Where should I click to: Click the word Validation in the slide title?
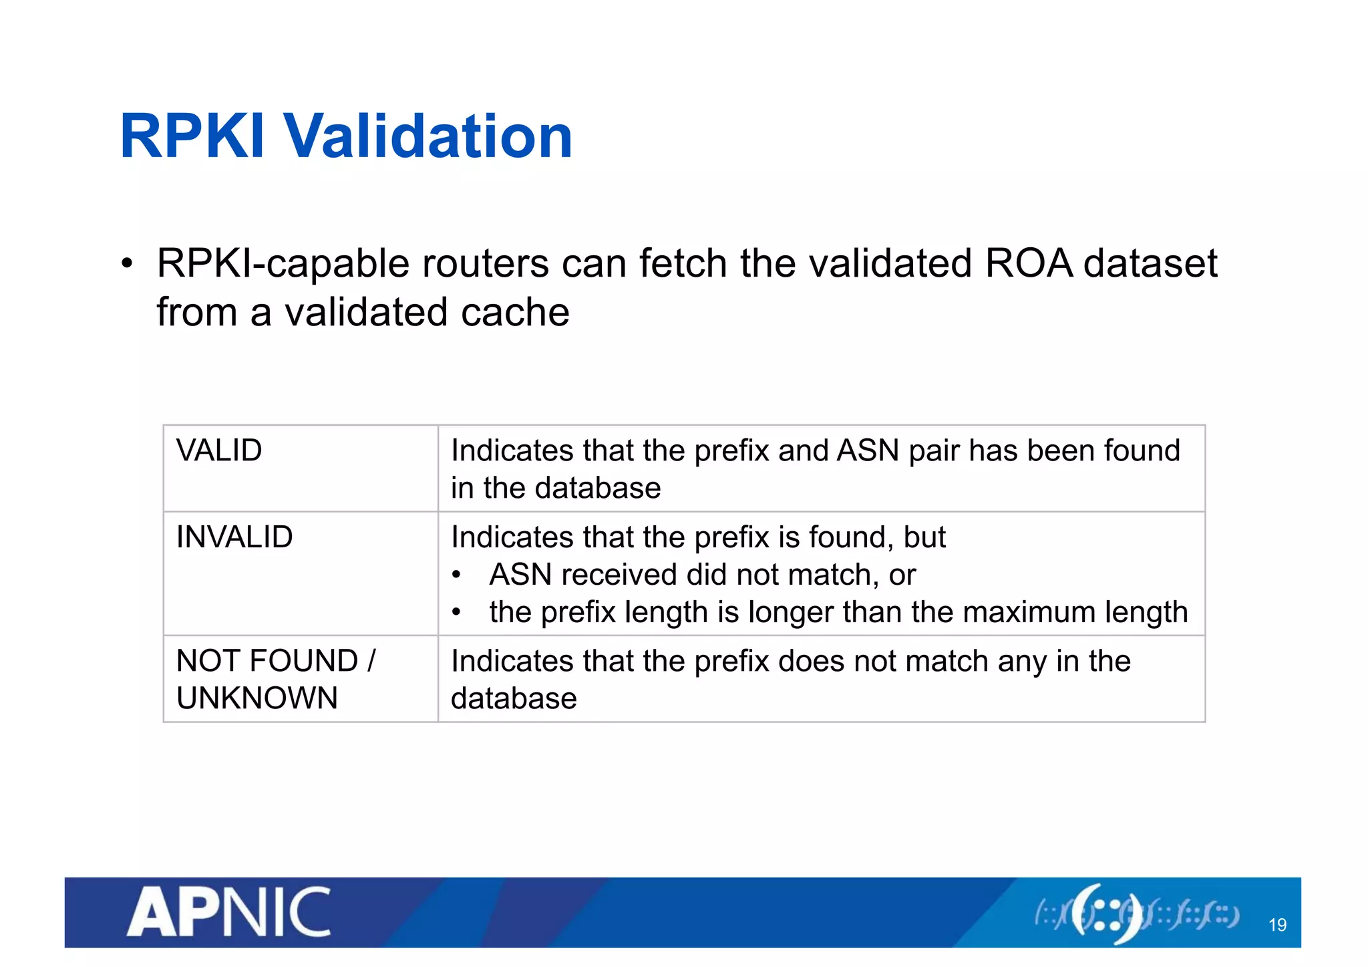coord(429,136)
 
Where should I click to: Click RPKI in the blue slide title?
coord(192,136)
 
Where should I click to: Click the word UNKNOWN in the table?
coord(257,698)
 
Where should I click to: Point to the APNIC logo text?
coord(229,912)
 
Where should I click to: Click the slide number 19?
coord(1277,925)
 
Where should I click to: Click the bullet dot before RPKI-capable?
coord(127,263)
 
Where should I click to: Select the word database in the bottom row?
coord(514,698)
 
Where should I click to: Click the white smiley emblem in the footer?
coord(1105,913)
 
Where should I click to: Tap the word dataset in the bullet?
coord(1150,263)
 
